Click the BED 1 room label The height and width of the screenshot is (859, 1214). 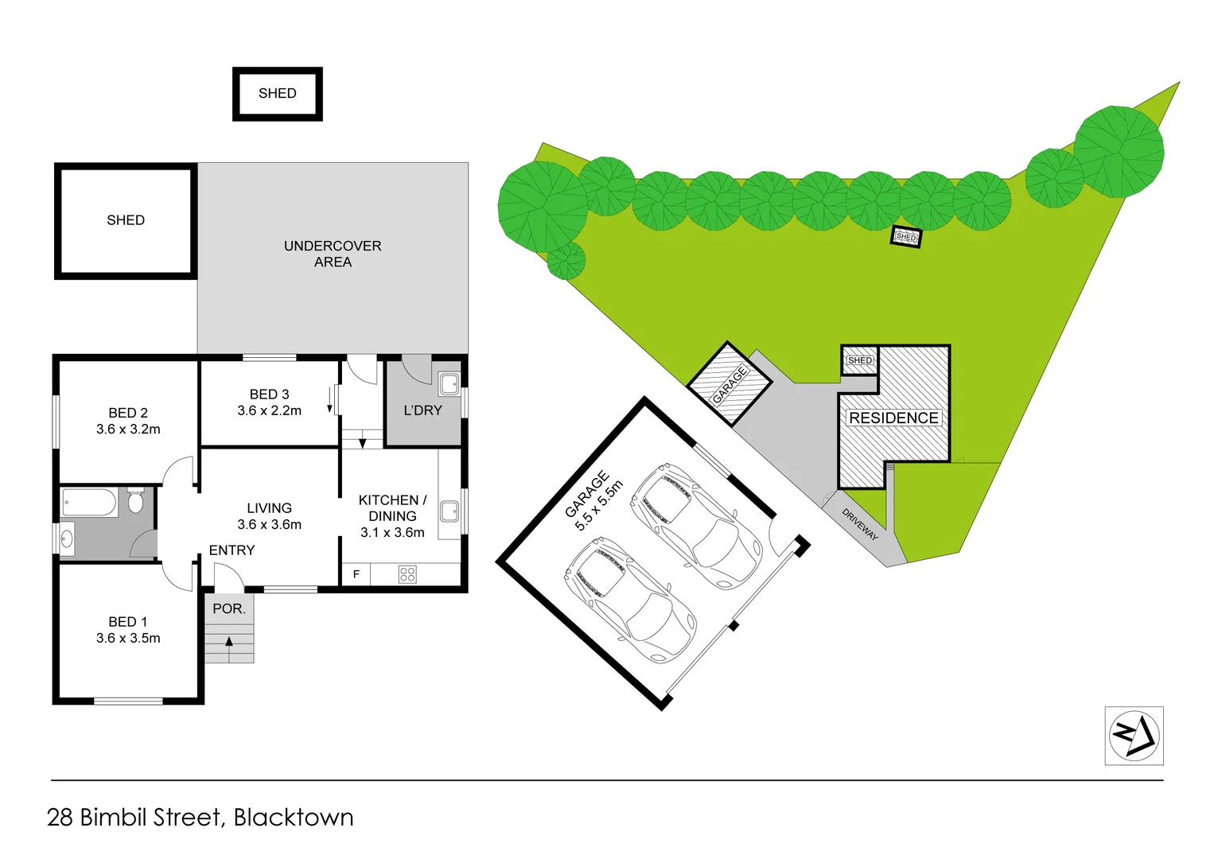128,621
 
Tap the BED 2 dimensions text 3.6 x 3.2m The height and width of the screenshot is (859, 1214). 128,429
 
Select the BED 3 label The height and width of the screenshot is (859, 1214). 269,394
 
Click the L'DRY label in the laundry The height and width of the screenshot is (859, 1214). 422,410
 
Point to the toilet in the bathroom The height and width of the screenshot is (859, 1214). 135,502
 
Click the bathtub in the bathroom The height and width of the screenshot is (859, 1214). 89,503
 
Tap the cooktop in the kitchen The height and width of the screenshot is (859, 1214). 407,574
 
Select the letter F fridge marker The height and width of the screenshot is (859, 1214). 356,574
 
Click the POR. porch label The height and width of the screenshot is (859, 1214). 229,608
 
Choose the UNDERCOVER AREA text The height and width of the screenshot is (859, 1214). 333,254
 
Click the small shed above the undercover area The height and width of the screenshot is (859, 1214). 277,93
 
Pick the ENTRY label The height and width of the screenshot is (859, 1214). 232,550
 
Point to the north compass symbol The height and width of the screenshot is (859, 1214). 1134,736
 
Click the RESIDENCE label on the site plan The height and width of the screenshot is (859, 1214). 893,418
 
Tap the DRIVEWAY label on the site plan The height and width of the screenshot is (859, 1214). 860,525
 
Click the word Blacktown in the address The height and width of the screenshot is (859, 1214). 294,818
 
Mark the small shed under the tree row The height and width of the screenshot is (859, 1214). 906,237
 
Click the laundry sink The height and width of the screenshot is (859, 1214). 449,383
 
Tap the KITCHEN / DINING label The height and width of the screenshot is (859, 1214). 392,507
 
